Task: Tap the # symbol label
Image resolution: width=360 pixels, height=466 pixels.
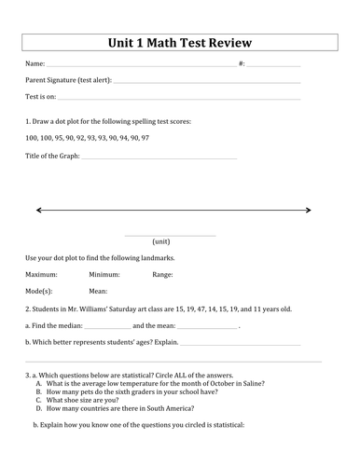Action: (242, 63)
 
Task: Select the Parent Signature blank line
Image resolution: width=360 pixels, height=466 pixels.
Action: (205, 82)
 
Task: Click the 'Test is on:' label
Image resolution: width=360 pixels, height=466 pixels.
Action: (40, 96)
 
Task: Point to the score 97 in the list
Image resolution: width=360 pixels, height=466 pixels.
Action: (145, 138)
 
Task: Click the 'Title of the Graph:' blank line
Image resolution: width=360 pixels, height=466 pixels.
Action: (159, 158)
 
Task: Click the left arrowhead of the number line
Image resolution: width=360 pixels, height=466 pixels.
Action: (38, 211)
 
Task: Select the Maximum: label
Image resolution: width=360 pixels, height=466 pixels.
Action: (41, 275)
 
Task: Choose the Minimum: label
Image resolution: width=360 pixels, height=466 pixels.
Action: (104, 275)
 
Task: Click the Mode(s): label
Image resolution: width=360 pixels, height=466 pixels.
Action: (38, 292)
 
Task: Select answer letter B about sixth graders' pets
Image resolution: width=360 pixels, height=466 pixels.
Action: (38, 391)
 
